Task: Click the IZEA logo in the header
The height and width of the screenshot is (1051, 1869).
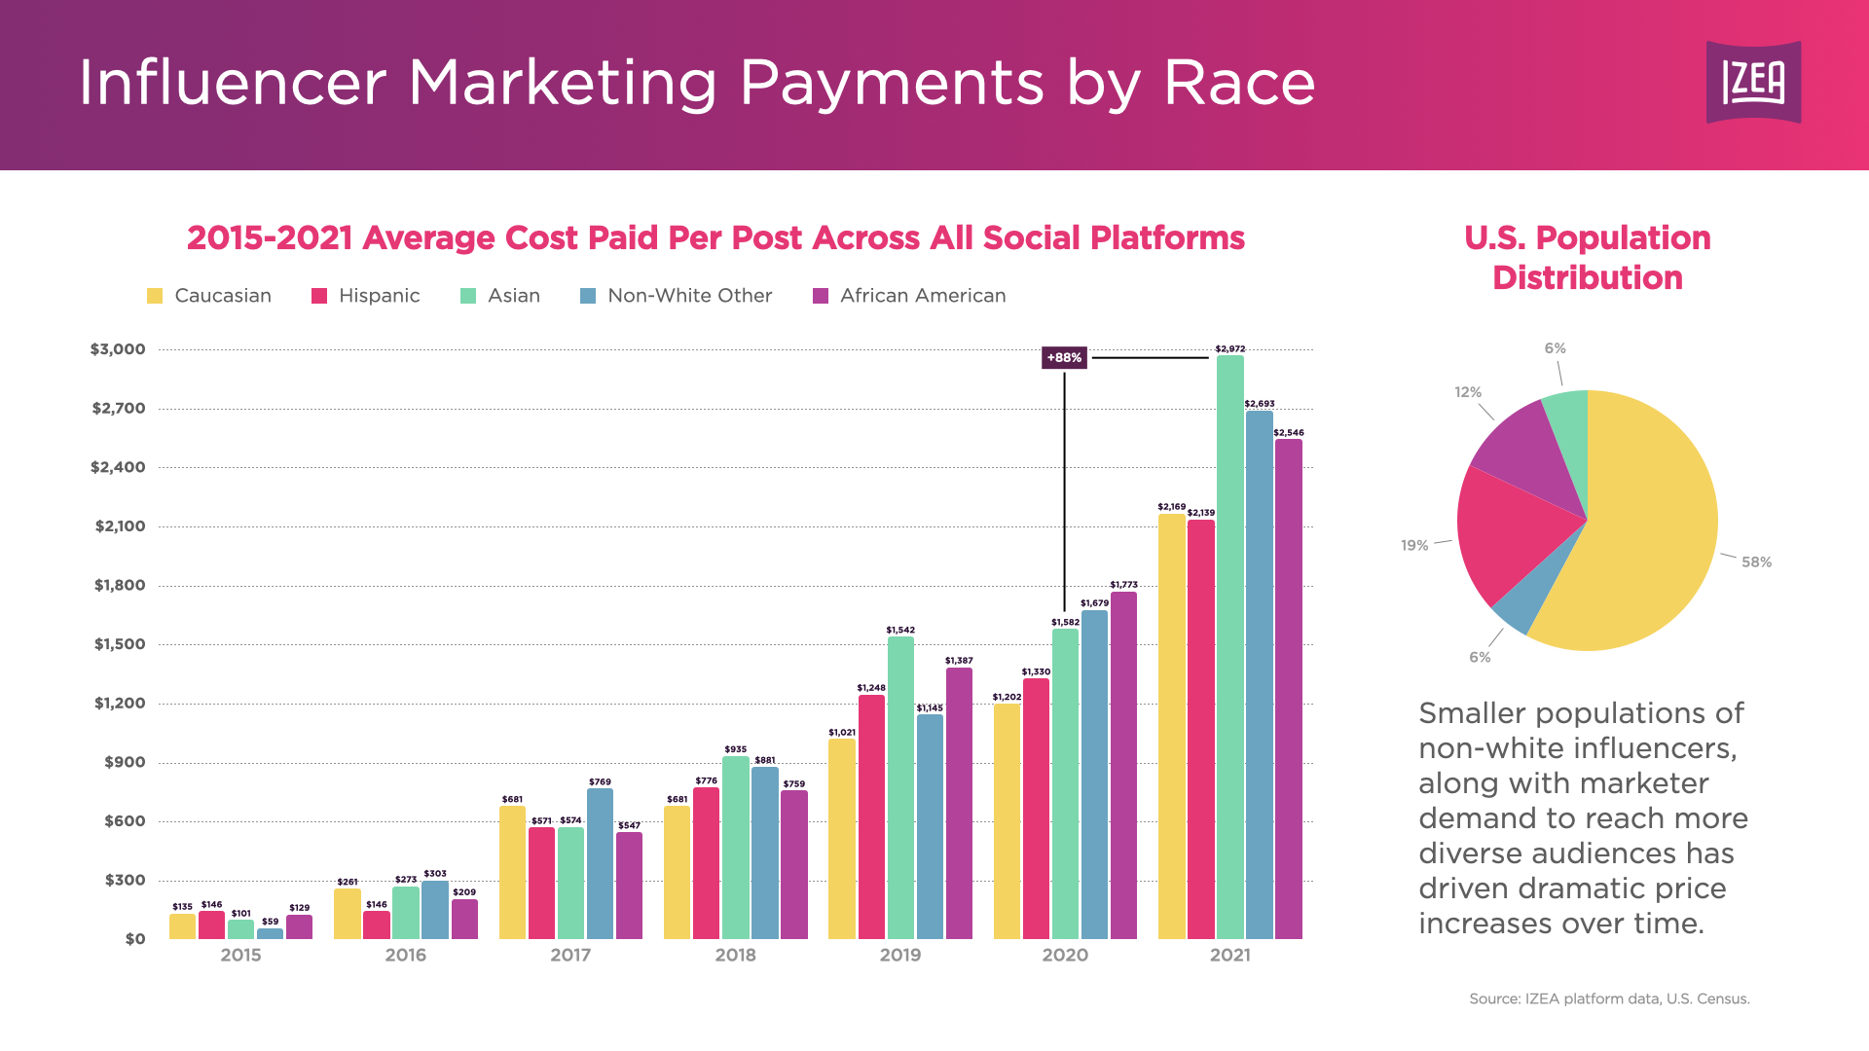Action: pyautogui.click(x=1753, y=82)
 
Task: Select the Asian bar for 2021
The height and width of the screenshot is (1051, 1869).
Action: pyautogui.click(x=1229, y=647)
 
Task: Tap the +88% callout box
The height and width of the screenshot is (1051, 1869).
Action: pyautogui.click(x=1064, y=358)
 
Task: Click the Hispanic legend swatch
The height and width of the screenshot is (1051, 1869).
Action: pyautogui.click(x=319, y=296)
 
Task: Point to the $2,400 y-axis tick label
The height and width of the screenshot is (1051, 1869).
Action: pyautogui.click(x=118, y=467)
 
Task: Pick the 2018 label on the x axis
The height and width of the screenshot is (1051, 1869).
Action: pyautogui.click(x=735, y=955)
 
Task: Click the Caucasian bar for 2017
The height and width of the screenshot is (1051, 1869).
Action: pyautogui.click(x=512, y=872)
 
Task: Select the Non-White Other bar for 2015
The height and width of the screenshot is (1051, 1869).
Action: pyautogui.click(x=270, y=933)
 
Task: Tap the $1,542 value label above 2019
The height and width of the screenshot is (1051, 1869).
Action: pyautogui.click(x=900, y=630)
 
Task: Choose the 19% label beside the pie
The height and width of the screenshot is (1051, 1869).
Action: pyautogui.click(x=1414, y=545)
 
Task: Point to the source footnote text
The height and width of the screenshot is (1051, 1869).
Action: pyautogui.click(x=1609, y=998)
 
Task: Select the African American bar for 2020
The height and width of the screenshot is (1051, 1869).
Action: pyautogui.click(x=1123, y=765)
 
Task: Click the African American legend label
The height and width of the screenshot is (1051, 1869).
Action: pyautogui.click(x=923, y=296)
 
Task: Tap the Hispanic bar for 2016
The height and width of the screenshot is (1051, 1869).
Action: pyautogui.click(x=377, y=924)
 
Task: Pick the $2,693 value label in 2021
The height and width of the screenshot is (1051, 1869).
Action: pyautogui.click(x=1259, y=404)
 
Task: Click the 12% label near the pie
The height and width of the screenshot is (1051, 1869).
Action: pyautogui.click(x=1468, y=392)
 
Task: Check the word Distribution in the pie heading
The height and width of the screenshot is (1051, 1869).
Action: pyautogui.click(x=1587, y=278)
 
